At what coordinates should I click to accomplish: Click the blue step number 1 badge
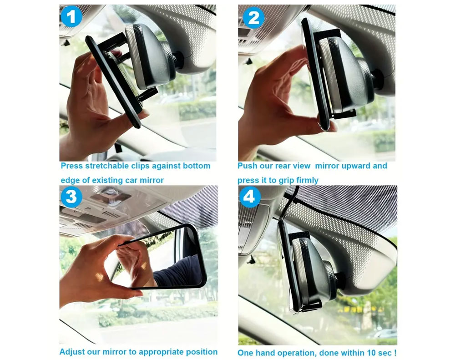[x=71, y=16]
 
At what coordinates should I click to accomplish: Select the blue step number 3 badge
[x=71, y=197]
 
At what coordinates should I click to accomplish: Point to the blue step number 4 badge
[x=250, y=197]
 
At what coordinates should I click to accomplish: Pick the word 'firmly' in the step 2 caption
[x=307, y=180]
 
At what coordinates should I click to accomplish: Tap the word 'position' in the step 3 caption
[x=202, y=352]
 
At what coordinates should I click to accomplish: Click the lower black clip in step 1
[x=147, y=94]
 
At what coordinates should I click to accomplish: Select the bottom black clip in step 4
[x=310, y=306]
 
